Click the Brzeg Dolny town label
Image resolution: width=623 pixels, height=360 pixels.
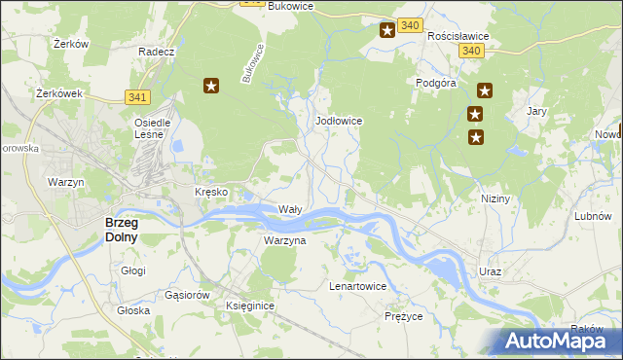(122, 229)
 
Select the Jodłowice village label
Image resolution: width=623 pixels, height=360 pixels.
(340, 121)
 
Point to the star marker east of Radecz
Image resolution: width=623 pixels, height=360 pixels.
(211, 86)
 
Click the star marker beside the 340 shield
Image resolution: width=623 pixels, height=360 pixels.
(386, 30)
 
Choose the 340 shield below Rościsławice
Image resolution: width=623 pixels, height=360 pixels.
(472, 51)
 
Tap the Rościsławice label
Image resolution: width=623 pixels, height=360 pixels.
(458, 36)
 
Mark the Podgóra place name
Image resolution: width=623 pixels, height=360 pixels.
(437, 84)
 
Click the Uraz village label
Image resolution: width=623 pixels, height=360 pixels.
(489, 271)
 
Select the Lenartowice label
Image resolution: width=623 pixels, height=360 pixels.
(357, 287)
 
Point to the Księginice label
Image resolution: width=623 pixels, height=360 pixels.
(250, 306)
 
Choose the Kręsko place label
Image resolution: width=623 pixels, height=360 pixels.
(211, 193)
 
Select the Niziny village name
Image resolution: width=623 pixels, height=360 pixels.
(495, 198)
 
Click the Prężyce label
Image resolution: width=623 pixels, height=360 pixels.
(403, 316)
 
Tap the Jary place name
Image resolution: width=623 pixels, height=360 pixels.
(535, 112)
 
